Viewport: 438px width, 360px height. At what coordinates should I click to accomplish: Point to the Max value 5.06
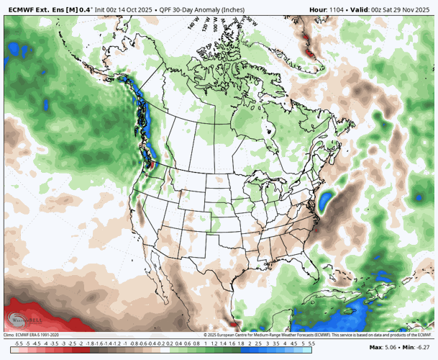(x=392, y=347)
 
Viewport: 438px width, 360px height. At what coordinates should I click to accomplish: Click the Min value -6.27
(x=425, y=347)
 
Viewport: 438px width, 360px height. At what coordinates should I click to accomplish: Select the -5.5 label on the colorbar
(x=8, y=344)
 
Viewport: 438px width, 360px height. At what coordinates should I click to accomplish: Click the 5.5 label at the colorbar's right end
(x=311, y=344)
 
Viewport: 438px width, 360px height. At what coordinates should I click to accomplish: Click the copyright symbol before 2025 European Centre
(x=206, y=334)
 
